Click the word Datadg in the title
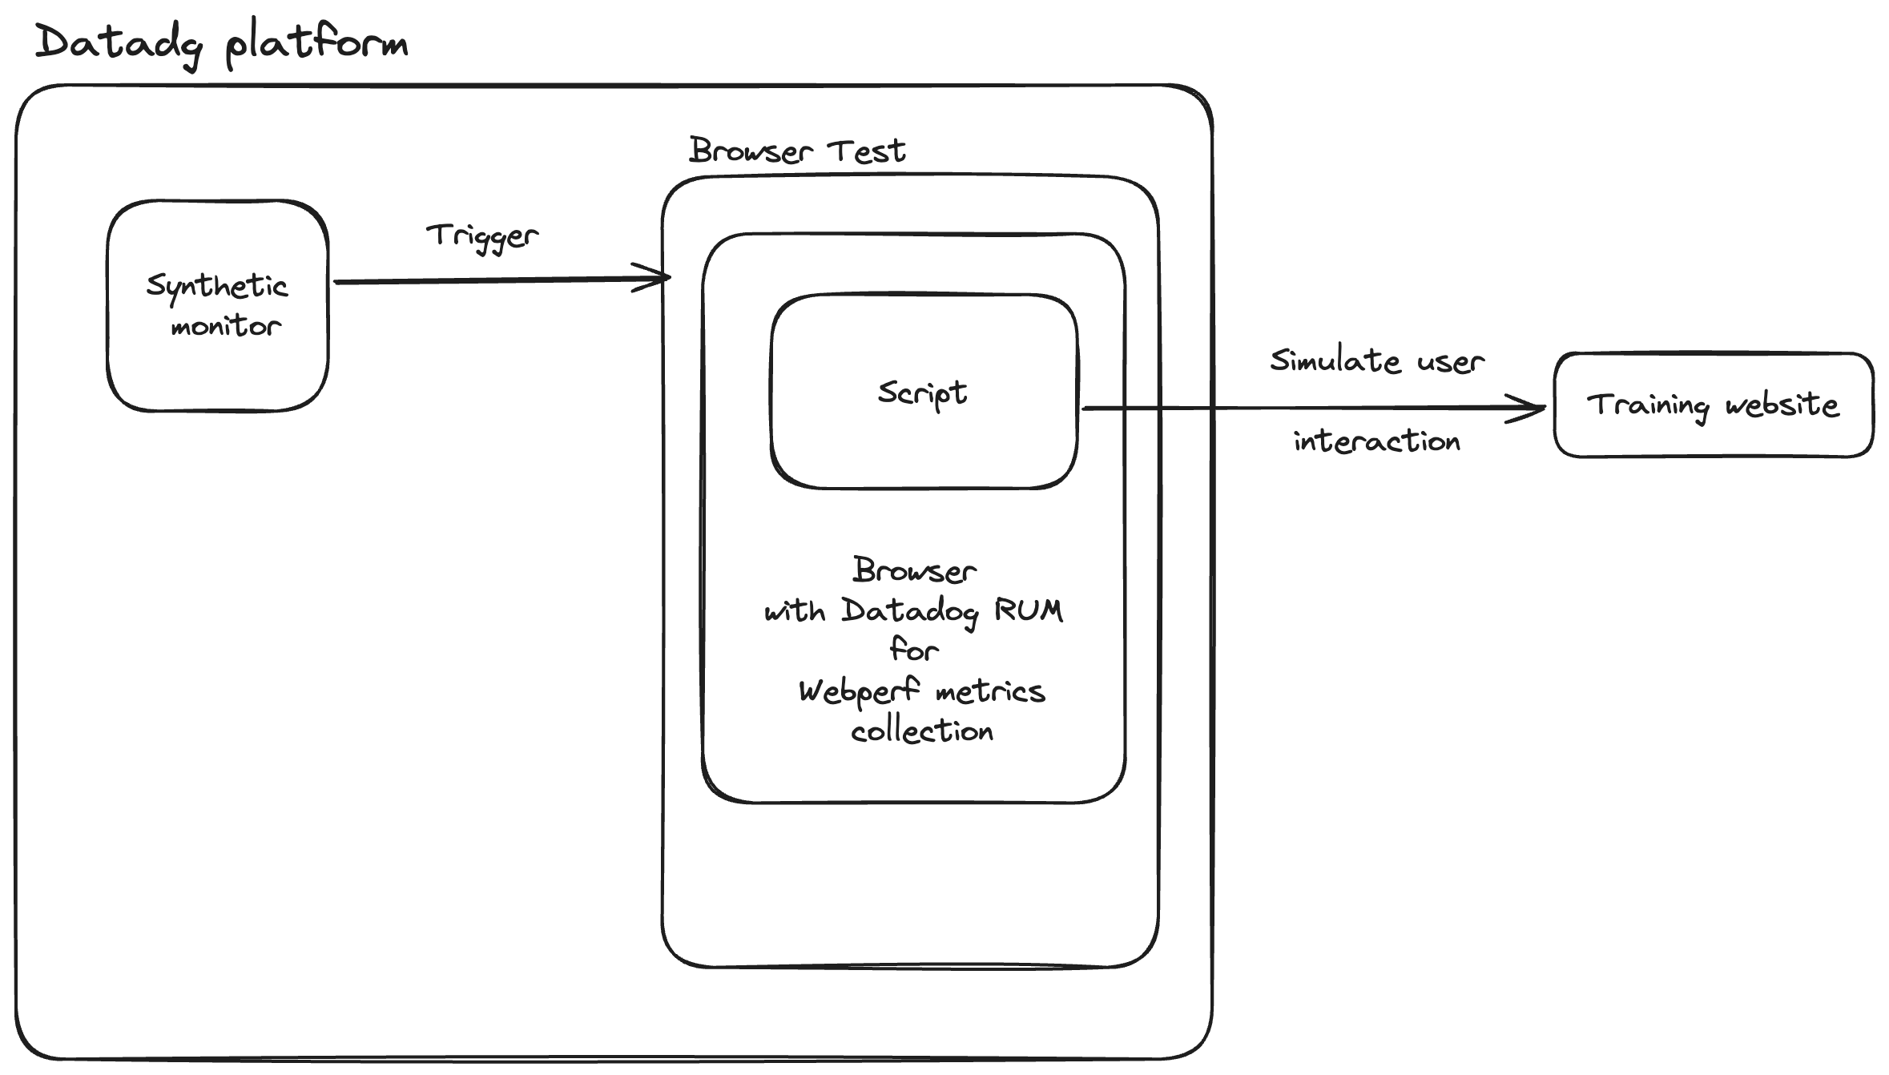(x=119, y=43)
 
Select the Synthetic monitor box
(x=218, y=368)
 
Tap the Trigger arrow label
(x=482, y=236)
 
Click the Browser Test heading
(x=797, y=151)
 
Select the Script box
(x=924, y=449)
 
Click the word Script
(x=922, y=393)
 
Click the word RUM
(x=1029, y=610)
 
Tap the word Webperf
(x=859, y=691)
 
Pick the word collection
(x=922, y=731)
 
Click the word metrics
(x=990, y=691)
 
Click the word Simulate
(x=1335, y=361)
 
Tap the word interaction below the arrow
(x=1377, y=441)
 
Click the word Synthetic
(x=216, y=286)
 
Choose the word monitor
(x=226, y=326)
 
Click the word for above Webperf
(x=914, y=650)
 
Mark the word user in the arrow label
(x=1451, y=362)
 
